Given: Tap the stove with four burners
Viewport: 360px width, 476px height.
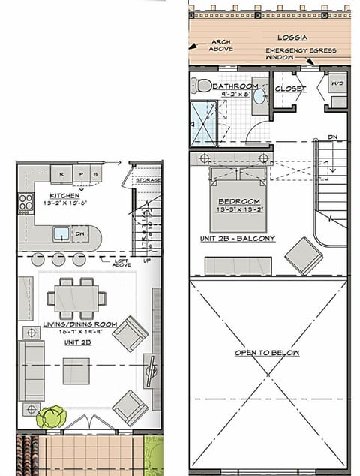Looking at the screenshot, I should coord(26,203).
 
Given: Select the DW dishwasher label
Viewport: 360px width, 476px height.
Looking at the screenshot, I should coord(81,235).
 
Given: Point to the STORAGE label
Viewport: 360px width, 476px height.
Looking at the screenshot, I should coord(148,180).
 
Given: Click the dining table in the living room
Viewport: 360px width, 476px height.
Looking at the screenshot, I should coord(76,297).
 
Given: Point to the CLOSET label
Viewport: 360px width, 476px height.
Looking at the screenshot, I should coord(291,89).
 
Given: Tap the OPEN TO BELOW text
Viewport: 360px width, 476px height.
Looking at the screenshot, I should coord(268,352).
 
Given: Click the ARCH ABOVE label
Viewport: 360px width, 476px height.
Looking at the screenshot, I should coord(221,45).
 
